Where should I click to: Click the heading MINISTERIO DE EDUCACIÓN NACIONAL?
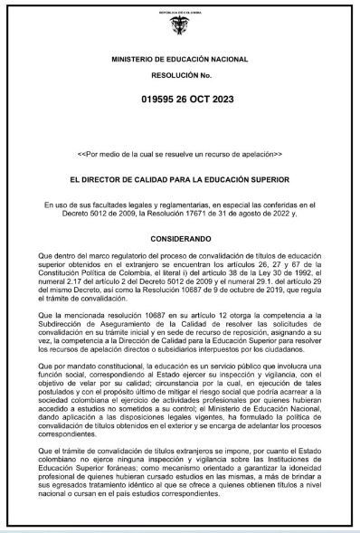pos(181,58)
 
